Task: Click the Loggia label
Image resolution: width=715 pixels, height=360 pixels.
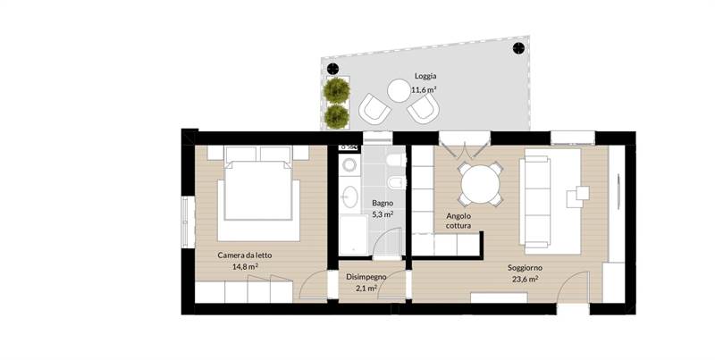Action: click(x=425, y=76)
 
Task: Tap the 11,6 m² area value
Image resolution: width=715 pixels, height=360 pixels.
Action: click(x=424, y=89)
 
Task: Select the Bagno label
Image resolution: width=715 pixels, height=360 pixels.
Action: click(x=383, y=203)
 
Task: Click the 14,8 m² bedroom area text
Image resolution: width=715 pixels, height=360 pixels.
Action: click(x=245, y=266)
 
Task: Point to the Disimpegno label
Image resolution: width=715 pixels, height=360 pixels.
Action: click(x=366, y=277)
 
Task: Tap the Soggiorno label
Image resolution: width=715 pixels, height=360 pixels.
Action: click(x=525, y=268)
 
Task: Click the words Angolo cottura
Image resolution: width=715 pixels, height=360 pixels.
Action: click(x=458, y=221)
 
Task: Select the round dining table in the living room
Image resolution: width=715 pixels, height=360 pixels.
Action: click(x=481, y=185)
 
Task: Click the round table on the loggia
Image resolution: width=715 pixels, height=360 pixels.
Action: click(x=399, y=91)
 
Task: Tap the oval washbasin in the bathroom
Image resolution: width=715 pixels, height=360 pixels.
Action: click(x=349, y=197)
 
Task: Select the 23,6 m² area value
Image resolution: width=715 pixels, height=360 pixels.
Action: click(x=525, y=280)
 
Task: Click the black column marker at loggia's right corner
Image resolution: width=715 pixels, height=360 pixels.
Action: click(x=518, y=48)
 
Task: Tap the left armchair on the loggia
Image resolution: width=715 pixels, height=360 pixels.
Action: click(x=374, y=107)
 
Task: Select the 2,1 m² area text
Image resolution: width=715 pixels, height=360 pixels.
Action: click(x=366, y=288)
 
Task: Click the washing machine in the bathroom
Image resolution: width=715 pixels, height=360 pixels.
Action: click(x=350, y=165)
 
